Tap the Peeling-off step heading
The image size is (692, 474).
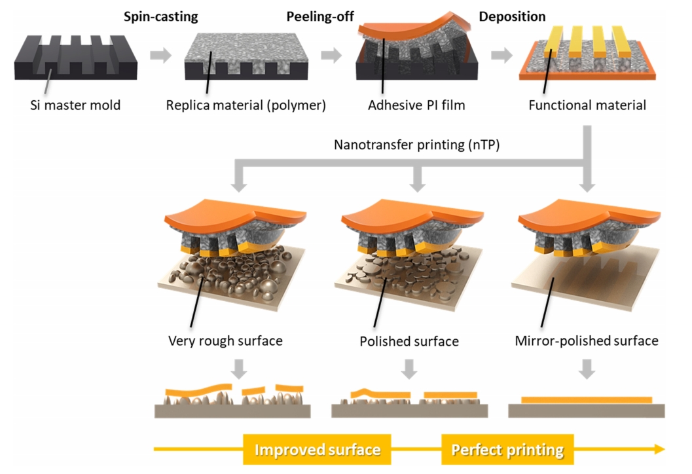click(x=317, y=16)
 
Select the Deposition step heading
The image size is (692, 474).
click(x=512, y=16)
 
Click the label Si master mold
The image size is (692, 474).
click(x=76, y=105)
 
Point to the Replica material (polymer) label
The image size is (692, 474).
click(x=246, y=105)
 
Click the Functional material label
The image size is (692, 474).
click(x=587, y=105)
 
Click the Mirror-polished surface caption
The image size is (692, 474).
click(x=587, y=341)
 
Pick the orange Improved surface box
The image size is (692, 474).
click(x=317, y=449)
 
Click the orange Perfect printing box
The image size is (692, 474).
click(x=507, y=449)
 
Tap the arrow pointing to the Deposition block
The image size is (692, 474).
click(x=502, y=55)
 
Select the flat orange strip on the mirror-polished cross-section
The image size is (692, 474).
click(x=587, y=399)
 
